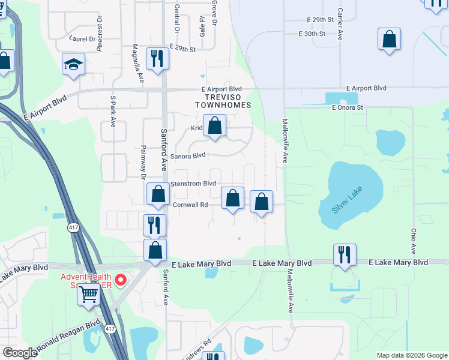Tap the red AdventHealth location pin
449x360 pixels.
(120, 280)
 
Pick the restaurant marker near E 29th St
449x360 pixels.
(157, 59)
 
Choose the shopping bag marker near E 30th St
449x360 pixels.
(390, 40)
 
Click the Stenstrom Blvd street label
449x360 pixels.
(193, 184)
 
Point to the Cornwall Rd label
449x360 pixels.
(190, 205)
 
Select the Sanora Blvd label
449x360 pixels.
(188, 155)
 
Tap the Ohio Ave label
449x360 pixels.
(414, 240)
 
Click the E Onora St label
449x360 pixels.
(348, 107)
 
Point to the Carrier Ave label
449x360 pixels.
(340, 24)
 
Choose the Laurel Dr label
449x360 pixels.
(82, 38)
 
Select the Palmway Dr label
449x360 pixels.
(143, 162)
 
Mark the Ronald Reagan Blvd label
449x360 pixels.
(68, 337)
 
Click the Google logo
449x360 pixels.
(20, 353)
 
